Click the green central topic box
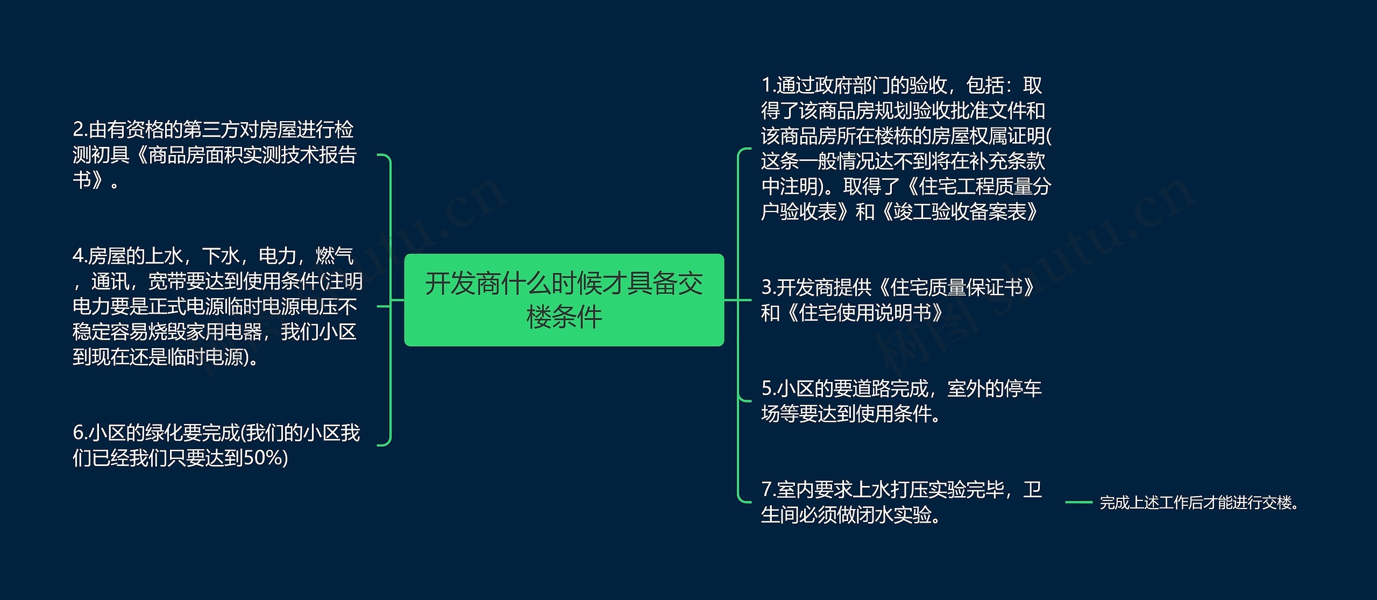(x=564, y=300)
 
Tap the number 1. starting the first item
(x=768, y=86)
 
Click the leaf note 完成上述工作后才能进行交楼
(x=1199, y=503)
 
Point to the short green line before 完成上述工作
(x=1078, y=503)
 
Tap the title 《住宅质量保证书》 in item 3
(x=955, y=287)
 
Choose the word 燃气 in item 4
(x=335, y=256)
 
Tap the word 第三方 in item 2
(x=211, y=130)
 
